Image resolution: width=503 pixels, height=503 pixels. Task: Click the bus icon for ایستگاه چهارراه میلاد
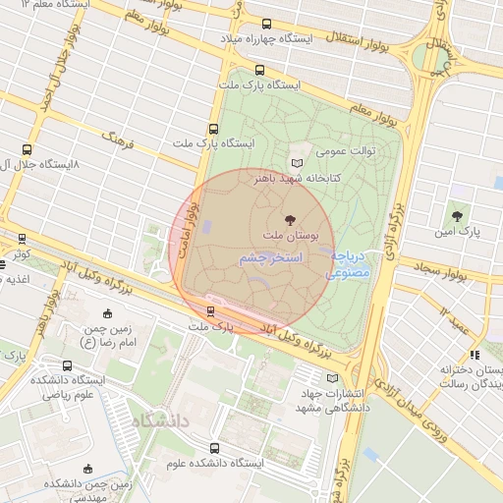click(x=267, y=25)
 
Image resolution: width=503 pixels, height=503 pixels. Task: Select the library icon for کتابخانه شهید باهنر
click(x=299, y=163)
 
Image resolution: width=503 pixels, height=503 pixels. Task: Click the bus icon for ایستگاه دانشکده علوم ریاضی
click(x=66, y=366)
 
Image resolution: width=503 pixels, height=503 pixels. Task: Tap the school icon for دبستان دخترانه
click(x=474, y=355)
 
